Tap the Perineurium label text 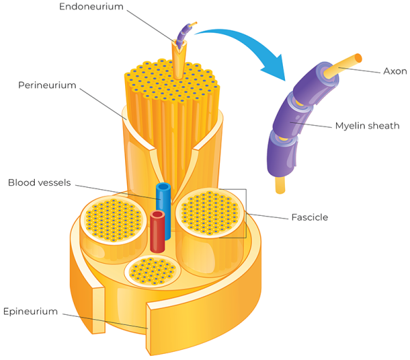click(x=47, y=85)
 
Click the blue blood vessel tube click(x=163, y=197)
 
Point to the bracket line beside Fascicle click(x=245, y=213)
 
